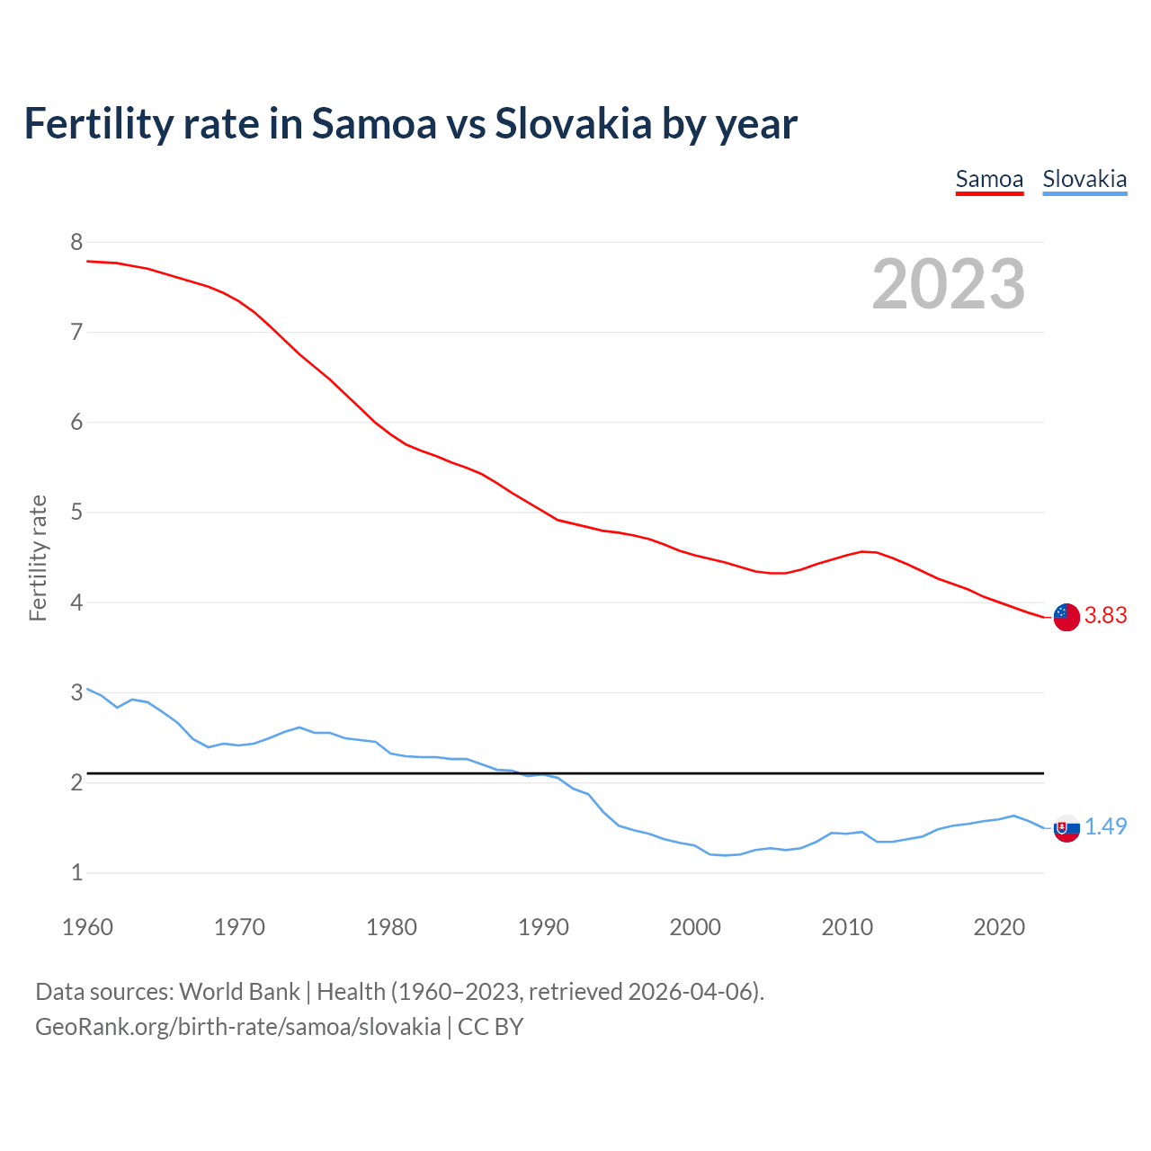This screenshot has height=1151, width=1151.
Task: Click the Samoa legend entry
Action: [x=989, y=179]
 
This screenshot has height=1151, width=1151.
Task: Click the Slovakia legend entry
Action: [x=1084, y=179]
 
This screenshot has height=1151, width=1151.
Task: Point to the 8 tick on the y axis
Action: [x=76, y=242]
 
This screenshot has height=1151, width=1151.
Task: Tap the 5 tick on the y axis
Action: [x=76, y=513]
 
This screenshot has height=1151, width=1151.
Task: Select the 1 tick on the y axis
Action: [x=76, y=872]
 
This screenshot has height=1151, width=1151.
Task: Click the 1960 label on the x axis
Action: [x=87, y=927]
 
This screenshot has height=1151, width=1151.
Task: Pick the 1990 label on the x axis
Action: [x=543, y=927]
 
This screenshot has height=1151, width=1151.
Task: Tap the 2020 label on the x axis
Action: [x=999, y=927]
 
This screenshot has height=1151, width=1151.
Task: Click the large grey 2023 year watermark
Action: [x=949, y=284]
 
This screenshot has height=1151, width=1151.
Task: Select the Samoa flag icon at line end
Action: [x=1066, y=617]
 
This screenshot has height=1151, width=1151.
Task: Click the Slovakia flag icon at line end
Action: [x=1066, y=828]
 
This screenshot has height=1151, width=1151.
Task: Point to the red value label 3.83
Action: [x=1105, y=615]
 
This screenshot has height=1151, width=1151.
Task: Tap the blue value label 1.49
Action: [x=1105, y=826]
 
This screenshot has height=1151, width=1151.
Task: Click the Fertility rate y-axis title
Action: [x=38, y=558]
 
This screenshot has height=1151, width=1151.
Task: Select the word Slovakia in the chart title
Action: [x=573, y=123]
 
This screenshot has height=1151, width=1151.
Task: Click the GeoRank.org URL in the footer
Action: [x=237, y=1026]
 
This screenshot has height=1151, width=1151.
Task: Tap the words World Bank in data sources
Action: [x=239, y=991]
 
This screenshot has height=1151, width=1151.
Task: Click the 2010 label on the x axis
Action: [x=847, y=927]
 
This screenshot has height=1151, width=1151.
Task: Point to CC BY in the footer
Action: [x=490, y=1026]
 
